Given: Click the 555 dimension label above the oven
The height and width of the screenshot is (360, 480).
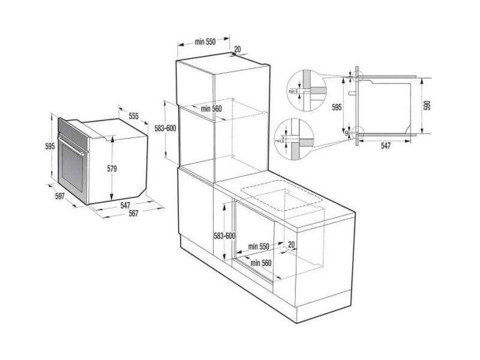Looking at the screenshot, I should pyautogui.click(x=133, y=116).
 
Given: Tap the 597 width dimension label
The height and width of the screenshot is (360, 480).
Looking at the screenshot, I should pyautogui.click(x=59, y=197).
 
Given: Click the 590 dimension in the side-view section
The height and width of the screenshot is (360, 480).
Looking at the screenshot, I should pyautogui.click(x=428, y=105).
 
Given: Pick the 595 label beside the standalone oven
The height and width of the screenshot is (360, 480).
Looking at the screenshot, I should pyautogui.click(x=50, y=146).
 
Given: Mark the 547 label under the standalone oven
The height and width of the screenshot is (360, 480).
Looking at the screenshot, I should pyautogui.click(x=125, y=205).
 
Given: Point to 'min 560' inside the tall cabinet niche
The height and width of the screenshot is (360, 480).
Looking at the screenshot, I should pyautogui.click(x=211, y=109).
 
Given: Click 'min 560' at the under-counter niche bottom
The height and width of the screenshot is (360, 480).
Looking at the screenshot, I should pyautogui.click(x=262, y=263).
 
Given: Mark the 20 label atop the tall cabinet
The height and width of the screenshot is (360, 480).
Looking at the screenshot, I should pyautogui.click(x=238, y=49).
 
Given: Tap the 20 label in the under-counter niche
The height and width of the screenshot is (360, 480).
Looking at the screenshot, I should pyautogui.click(x=291, y=244).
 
